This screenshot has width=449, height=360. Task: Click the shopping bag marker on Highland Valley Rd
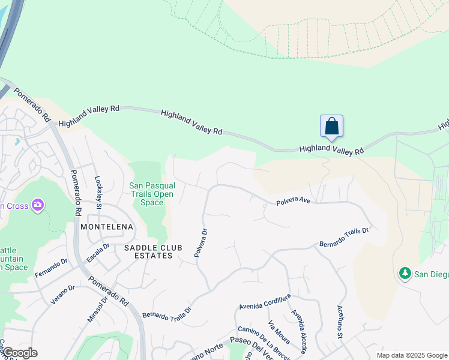[x=331, y=127]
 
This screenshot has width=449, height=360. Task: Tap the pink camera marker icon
[x=38, y=206]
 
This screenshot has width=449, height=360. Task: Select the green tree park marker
[x=405, y=274]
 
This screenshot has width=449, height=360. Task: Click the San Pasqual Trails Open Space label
[x=152, y=194]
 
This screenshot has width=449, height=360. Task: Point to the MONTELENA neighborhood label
[x=107, y=227]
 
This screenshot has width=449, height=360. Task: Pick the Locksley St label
[x=99, y=192]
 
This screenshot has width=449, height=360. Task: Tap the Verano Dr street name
[x=62, y=295]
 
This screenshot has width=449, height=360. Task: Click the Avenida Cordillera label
[x=264, y=301]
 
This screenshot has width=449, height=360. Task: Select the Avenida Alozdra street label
[x=300, y=331]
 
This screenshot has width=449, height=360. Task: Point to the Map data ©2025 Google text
[x=411, y=355]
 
